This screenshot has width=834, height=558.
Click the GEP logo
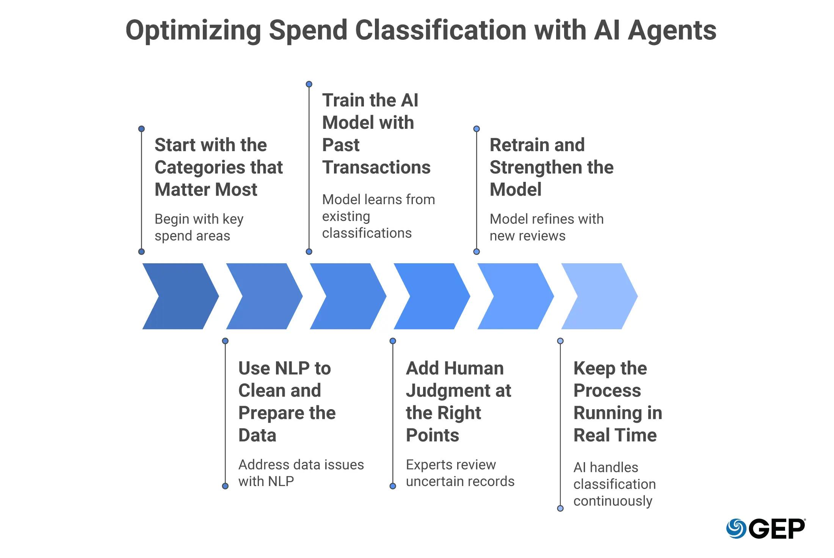[766, 528]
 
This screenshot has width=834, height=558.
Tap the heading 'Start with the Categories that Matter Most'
[219, 167]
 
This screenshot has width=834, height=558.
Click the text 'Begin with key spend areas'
[199, 227]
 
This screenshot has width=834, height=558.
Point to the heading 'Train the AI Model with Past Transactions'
[376, 134]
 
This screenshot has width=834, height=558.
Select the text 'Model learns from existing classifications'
[378, 216]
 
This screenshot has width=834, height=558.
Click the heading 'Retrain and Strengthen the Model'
[552, 167]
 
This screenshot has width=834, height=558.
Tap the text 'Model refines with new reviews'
[547, 227]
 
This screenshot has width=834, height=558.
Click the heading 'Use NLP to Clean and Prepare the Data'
[287, 402]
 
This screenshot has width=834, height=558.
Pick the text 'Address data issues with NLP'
[301, 473]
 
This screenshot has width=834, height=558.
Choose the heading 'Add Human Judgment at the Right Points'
[459, 402]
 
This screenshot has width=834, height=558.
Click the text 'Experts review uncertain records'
[460, 473]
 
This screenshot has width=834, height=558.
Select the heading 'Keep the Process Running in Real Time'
[618, 402]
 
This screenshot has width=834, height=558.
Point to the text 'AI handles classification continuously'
[615, 484]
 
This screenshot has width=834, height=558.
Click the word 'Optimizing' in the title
[193, 30]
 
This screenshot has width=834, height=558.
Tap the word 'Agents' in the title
[672, 30]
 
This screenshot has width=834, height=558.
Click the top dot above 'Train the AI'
[309, 84]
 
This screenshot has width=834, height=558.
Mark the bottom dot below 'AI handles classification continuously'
[560, 508]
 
